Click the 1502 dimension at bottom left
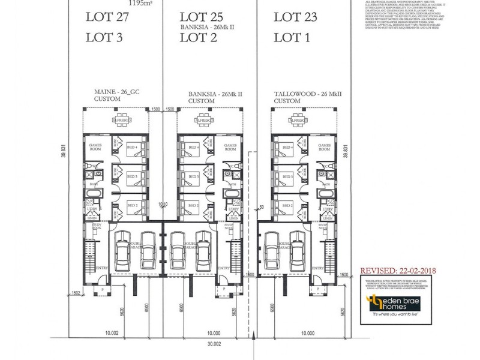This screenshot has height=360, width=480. click(x=77, y=293)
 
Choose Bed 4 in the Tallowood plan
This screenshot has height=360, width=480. click(x=287, y=147)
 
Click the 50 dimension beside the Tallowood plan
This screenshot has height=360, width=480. click(x=262, y=207)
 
